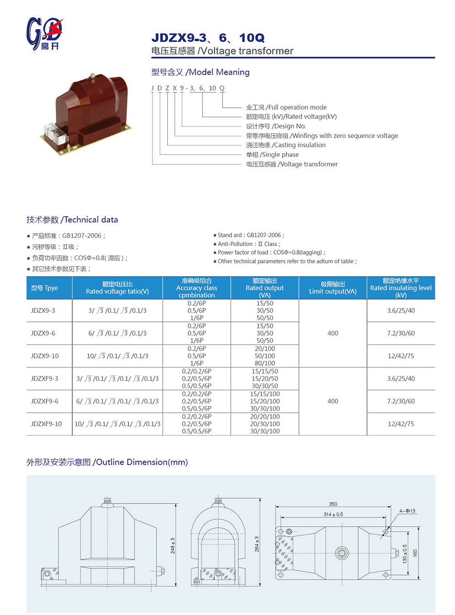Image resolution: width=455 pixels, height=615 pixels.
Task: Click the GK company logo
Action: tap(44, 33)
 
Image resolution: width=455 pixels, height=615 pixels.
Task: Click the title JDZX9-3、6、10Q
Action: tap(207, 38)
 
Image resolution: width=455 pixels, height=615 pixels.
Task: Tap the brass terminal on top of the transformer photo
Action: tap(92, 77)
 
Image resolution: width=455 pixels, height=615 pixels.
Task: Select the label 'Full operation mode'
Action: tap(286, 107)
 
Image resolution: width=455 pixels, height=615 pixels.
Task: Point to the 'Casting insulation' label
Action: tap(286, 145)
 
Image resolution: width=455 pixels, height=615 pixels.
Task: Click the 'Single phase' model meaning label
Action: tap(272, 155)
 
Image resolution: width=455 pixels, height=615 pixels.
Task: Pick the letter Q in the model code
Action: tap(222, 88)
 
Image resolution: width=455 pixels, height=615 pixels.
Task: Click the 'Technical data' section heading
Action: tap(72, 220)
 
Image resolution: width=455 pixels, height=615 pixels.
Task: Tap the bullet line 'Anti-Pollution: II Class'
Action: tap(248, 244)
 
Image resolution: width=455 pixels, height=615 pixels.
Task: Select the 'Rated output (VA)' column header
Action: tap(264, 288)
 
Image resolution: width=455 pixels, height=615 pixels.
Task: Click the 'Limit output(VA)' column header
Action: tap(333, 288)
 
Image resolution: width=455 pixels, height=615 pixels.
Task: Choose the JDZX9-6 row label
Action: tap(43, 333)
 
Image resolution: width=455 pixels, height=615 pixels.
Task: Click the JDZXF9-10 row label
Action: tap(46, 424)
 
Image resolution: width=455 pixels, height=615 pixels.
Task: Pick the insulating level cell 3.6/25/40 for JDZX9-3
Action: tap(401, 311)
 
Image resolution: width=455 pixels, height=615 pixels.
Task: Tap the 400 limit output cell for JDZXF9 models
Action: tap(333, 401)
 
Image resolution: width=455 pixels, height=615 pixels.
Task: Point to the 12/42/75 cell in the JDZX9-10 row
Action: tap(401, 356)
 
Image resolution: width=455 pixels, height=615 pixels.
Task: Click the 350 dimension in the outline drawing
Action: tap(333, 504)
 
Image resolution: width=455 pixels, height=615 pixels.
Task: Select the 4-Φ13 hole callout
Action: tap(407, 511)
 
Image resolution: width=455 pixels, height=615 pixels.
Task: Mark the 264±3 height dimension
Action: tap(256, 544)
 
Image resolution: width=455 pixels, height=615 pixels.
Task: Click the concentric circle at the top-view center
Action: tap(342, 553)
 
